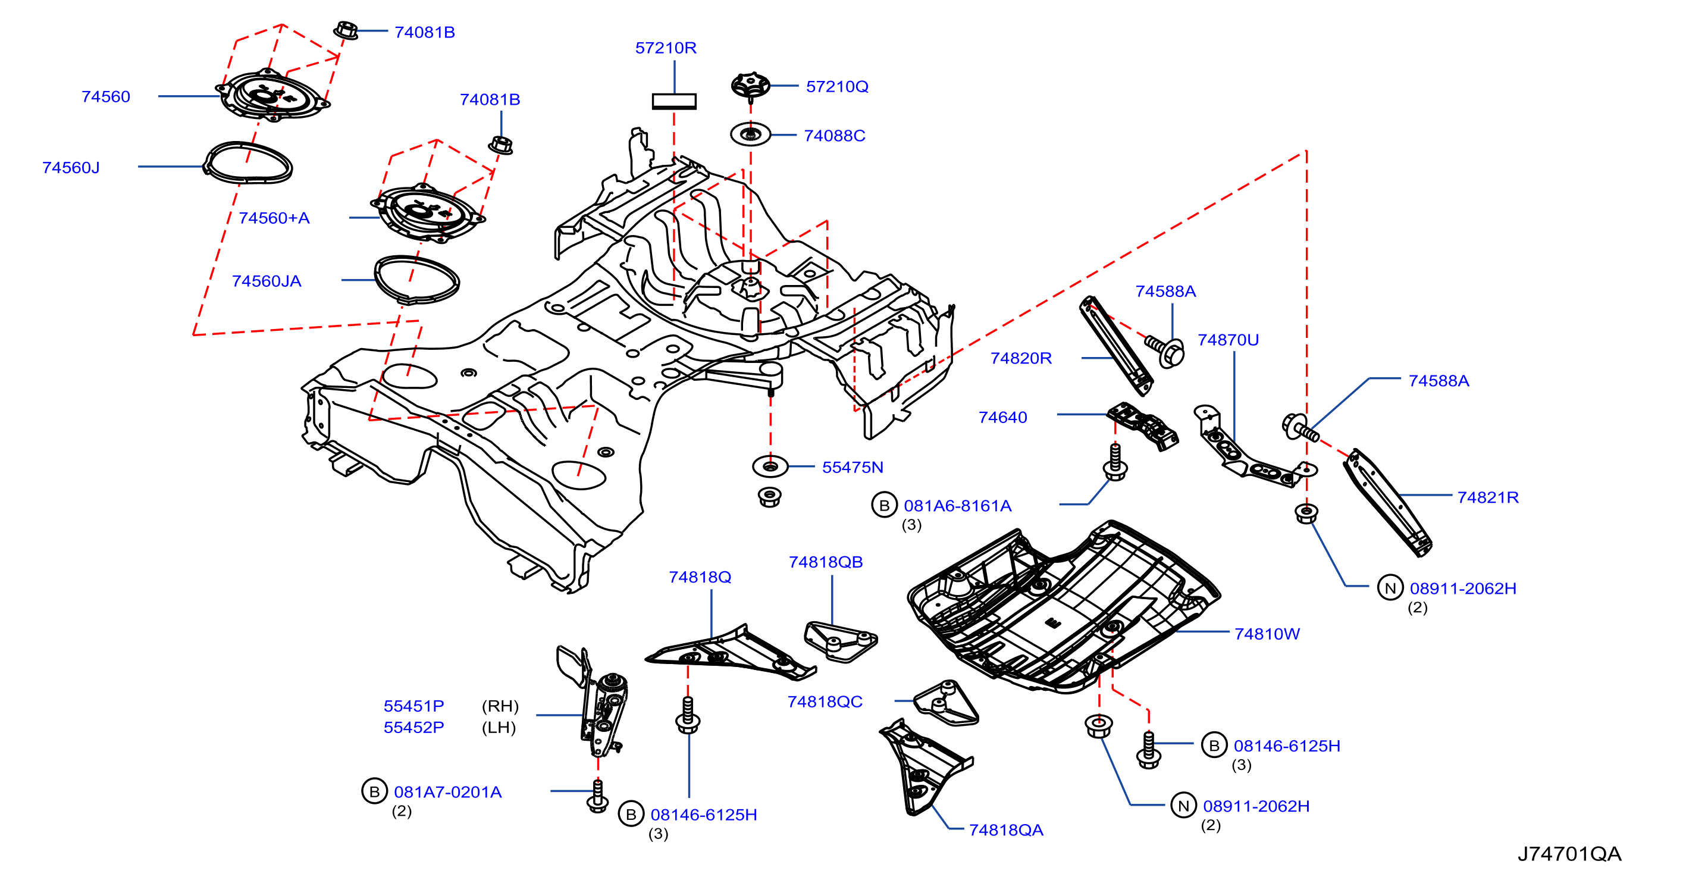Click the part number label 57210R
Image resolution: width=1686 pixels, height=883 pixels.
point(666,48)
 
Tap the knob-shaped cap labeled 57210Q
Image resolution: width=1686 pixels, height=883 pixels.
point(750,86)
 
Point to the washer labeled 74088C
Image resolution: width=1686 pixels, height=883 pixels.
point(751,135)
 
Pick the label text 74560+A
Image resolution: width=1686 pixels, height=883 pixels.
point(274,218)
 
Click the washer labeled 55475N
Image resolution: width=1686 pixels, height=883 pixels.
point(770,466)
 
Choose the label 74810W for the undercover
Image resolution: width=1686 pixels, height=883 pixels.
point(1267,634)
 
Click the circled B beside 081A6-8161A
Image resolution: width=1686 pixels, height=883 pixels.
point(884,505)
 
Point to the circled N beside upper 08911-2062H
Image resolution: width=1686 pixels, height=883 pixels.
point(1390,588)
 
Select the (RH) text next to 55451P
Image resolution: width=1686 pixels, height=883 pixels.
point(500,706)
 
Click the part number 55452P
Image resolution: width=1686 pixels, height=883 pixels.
point(413,727)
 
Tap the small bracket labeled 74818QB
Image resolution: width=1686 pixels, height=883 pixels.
point(841,641)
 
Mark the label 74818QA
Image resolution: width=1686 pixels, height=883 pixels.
point(1006,830)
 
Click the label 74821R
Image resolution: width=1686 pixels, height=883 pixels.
point(1488,497)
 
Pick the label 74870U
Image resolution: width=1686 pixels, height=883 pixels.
point(1228,340)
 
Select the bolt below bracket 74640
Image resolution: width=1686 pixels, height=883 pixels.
point(1115,462)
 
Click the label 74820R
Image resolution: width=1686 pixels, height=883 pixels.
point(1021,358)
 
